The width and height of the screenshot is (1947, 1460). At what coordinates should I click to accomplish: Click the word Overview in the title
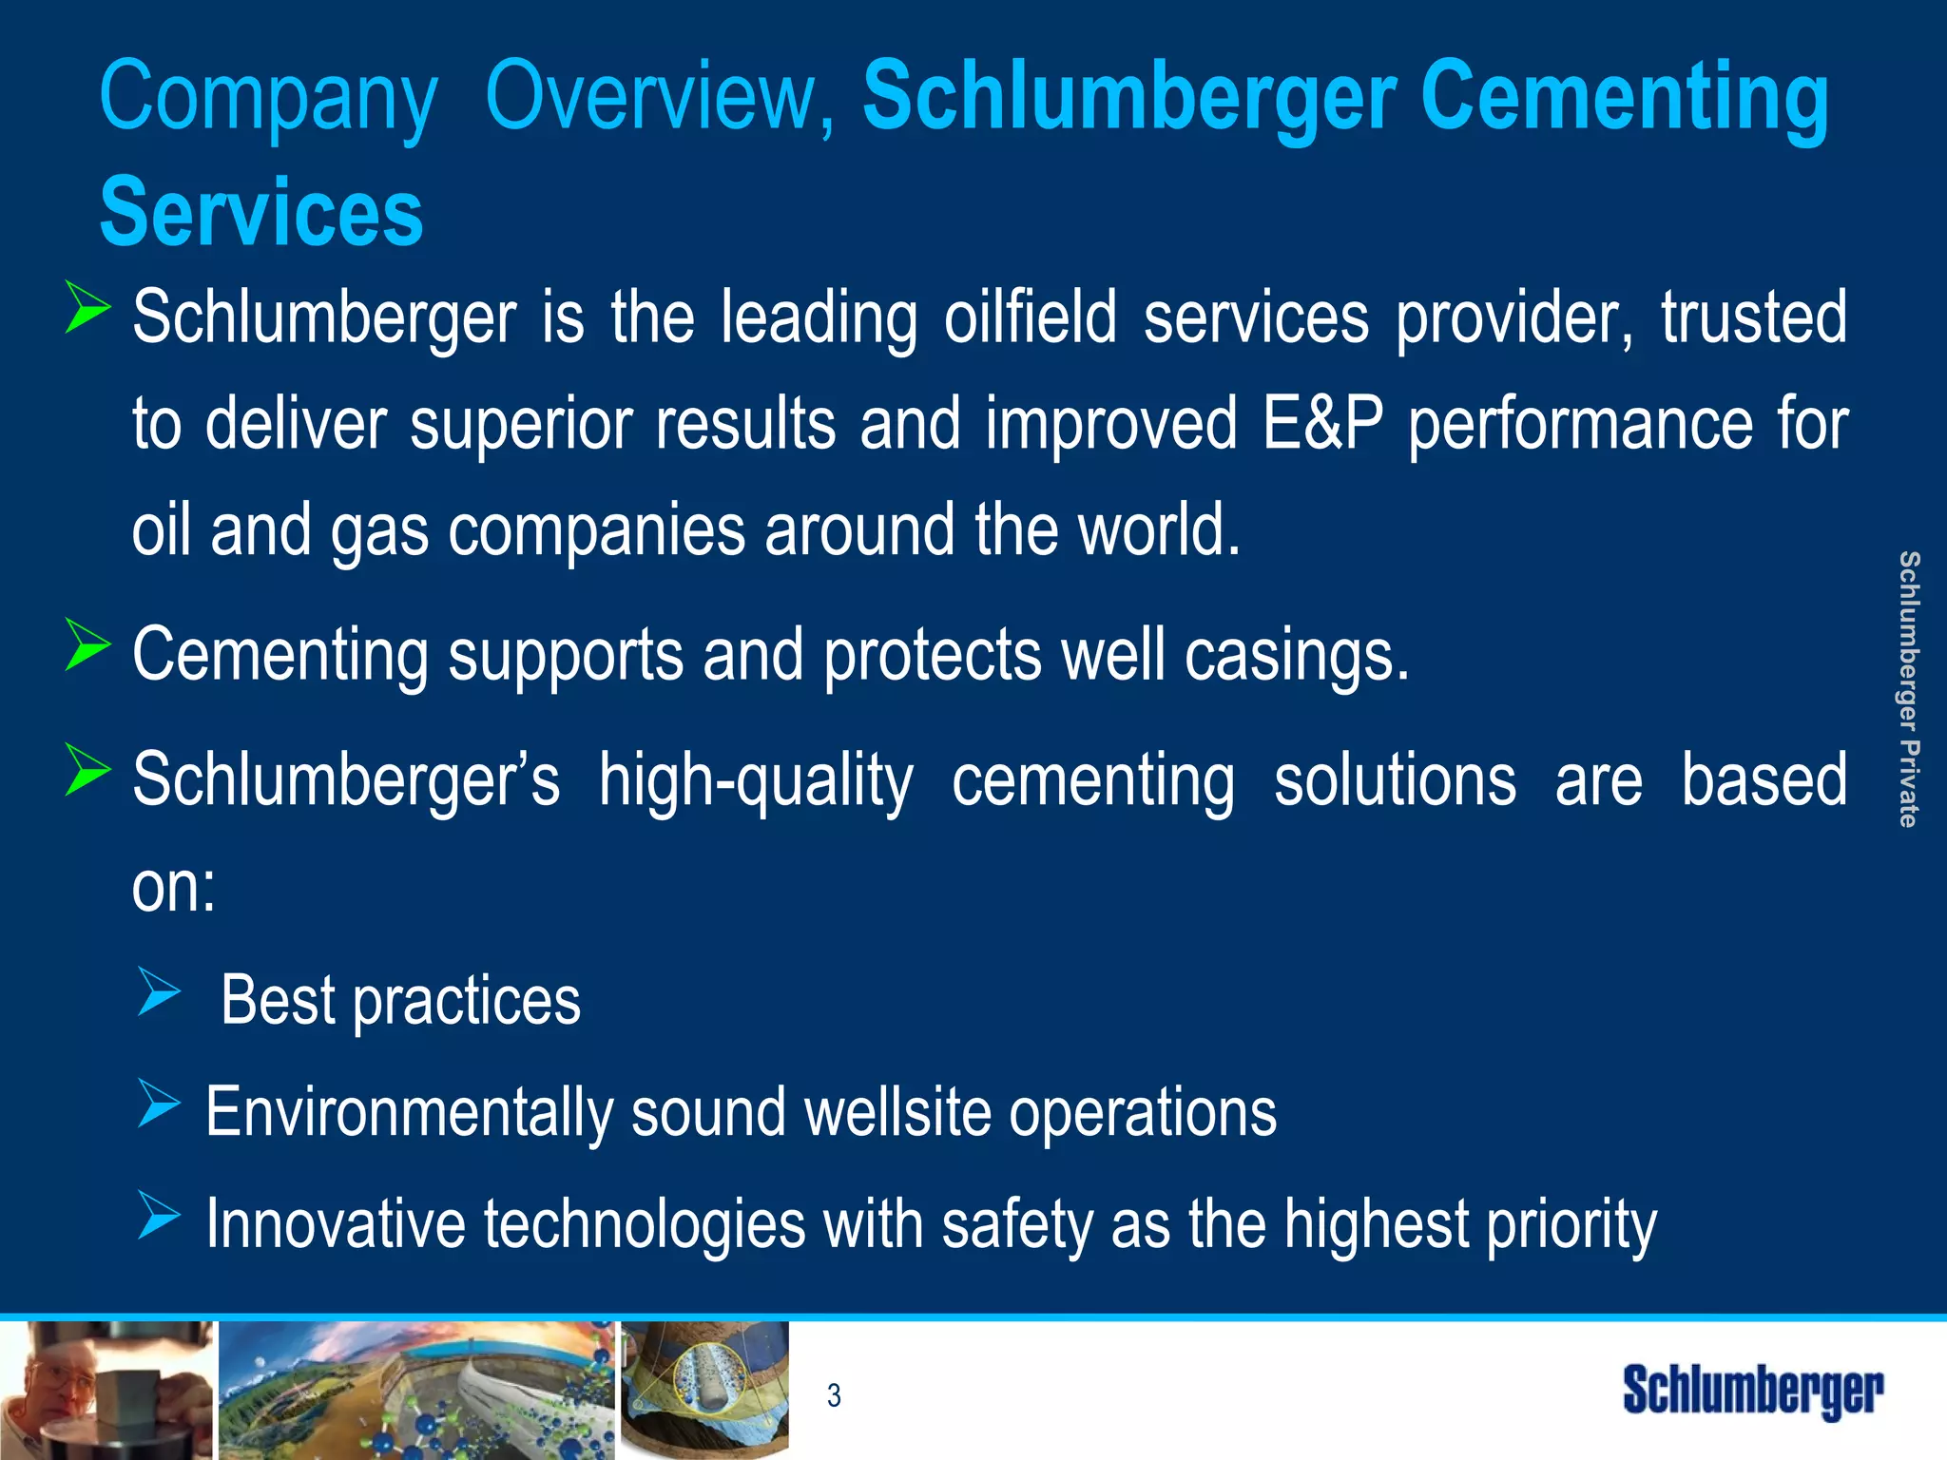pyautogui.click(x=660, y=97)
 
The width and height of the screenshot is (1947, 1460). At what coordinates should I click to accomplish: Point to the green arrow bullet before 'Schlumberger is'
pyautogui.click(x=87, y=307)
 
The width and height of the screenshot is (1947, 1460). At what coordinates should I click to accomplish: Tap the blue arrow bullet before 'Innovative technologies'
pyautogui.click(x=158, y=1215)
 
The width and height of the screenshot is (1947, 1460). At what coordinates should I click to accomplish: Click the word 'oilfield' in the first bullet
pyautogui.click(x=1030, y=317)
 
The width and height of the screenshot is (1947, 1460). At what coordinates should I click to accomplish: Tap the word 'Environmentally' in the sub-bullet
pyautogui.click(x=409, y=1112)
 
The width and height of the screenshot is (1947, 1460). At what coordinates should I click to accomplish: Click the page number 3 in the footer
pyautogui.click(x=834, y=1394)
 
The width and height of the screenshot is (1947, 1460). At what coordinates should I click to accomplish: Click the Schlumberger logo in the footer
pyautogui.click(x=1752, y=1392)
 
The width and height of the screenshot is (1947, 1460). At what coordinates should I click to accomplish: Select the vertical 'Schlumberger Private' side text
pyautogui.click(x=1908, y=688)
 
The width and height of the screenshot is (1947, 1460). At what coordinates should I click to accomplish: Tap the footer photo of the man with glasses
pyautogui.click(x=106, y=1391)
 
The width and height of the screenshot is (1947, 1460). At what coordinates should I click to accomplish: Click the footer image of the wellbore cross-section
pyautogui.click(x=704, y=1389)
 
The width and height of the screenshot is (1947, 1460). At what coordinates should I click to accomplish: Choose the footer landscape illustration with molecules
pyautogui.click(x=416, y=1391)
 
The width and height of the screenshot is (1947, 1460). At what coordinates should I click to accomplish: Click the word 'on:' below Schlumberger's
pyautogui.click(x=174, y=888)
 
